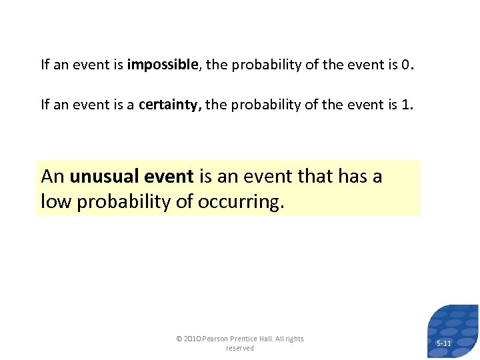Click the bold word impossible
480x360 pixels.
point(163,65)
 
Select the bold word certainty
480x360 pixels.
point(171,105)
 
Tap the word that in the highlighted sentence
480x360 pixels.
point(317,177)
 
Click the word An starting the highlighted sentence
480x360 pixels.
point(53,177)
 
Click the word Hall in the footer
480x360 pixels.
point(273,339)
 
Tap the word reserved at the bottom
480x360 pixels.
point(240,348)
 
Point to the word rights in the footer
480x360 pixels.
point(294,339)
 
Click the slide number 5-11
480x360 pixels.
point(444,343)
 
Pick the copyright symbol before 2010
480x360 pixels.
point(179,339)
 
